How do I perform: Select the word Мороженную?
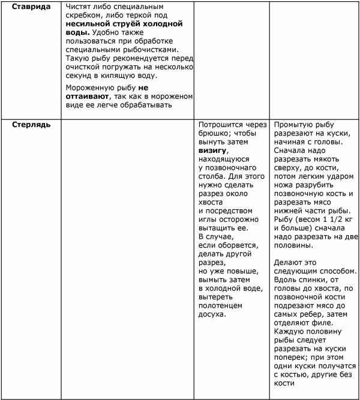88,87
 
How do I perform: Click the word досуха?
213,314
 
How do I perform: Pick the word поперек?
292,358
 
